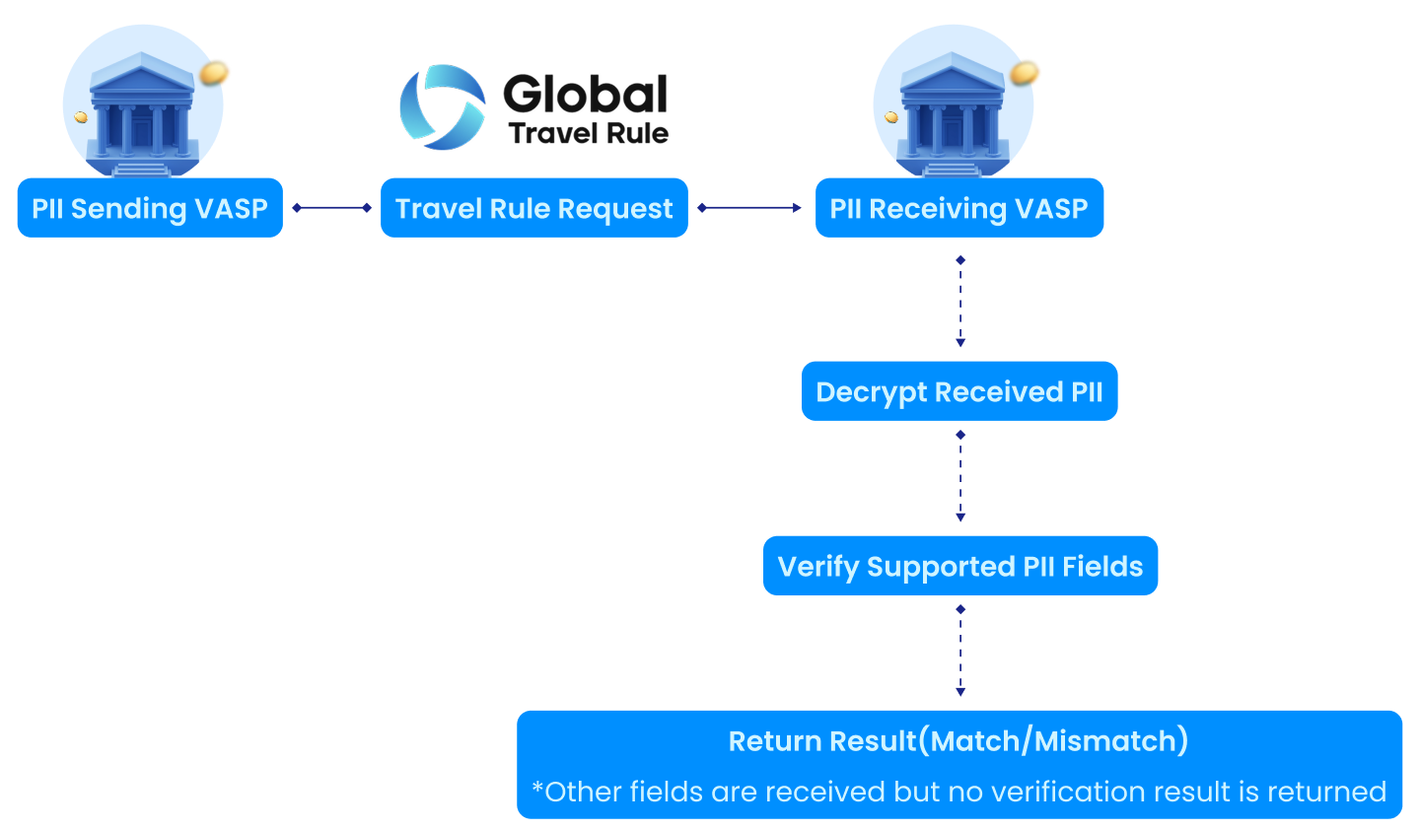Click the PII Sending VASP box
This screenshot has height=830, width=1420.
tap(150, 208)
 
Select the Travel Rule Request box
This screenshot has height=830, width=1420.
tap(533, 208)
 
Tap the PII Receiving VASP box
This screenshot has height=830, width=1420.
tap(958, 208)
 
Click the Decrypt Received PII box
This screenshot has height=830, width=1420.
tap(959, 391)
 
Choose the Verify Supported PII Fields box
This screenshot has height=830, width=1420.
tap(959, 566)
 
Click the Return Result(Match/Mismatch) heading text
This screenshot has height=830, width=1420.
tap(958, 740)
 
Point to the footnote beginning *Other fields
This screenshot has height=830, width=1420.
tap(958, 792)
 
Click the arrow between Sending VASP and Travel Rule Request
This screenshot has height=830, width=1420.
tap(331, 208)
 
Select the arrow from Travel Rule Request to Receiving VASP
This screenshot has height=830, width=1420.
tap(749, 208)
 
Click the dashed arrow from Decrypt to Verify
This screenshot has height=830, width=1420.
tap(960, 477)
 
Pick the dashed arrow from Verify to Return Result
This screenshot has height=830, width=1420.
tap(960, 653)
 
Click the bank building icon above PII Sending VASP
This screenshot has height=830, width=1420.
tap(143, 113)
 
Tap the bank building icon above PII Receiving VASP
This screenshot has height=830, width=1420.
tap(953, 113)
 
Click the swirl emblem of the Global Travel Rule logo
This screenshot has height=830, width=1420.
tap(443, 106)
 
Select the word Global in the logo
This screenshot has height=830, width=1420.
tap(586, 95)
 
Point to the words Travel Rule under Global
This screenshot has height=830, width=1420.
tap(589, 133)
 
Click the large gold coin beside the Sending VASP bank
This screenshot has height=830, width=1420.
tap(215, 72)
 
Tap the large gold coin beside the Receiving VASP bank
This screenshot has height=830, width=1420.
tap(1026, 72)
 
